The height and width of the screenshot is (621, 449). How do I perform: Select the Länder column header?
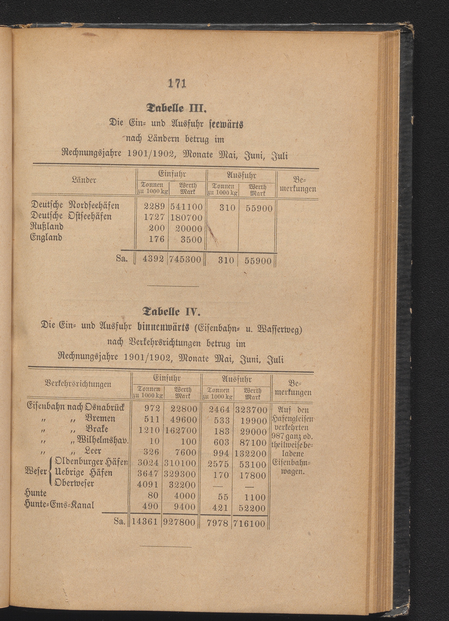coord(84,180)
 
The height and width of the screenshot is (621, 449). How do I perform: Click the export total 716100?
coord(249,524)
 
